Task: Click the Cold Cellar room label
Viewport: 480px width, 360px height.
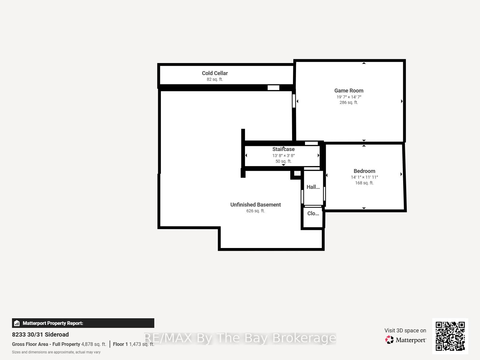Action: coord(215,73)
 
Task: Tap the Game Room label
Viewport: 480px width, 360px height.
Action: coord(349,90)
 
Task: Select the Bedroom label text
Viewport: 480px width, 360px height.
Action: coord(364,171)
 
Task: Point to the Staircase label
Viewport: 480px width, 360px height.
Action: coord(283,149)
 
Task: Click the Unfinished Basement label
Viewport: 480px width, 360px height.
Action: coord(255,204)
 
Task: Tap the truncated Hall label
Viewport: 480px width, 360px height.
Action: coord(313,187)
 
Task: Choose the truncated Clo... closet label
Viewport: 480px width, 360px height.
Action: coord(313,213)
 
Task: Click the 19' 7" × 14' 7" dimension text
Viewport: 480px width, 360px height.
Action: coord(349,97)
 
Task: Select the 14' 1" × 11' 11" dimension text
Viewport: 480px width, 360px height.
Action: coord(364,177)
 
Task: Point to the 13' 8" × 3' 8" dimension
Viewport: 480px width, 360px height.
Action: coord(283,156)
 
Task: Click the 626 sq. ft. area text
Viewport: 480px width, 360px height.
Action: coord(255,211)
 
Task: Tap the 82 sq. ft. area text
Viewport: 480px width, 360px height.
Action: coord(215,79)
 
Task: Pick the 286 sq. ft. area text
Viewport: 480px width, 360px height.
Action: coord(349,102)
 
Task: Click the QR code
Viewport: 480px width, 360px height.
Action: coord(450,336)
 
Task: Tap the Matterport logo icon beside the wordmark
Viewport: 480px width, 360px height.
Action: coord(389,340)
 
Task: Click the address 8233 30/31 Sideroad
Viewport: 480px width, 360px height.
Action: coord(40,334)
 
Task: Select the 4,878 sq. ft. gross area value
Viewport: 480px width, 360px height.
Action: coord(94,344)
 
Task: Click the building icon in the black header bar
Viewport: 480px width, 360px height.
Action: coord(17,323)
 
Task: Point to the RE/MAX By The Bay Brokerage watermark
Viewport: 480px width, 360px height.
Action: coord(240,338)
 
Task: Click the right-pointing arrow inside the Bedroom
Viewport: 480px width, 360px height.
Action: coord(401,174)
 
